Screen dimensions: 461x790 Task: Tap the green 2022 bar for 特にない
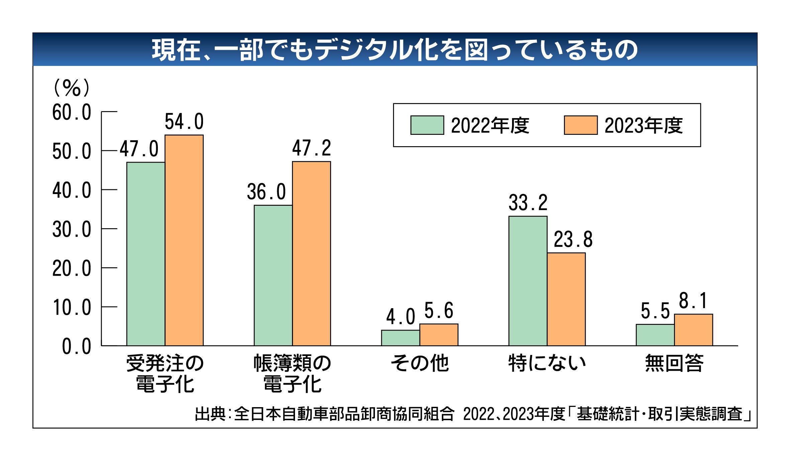coord(528,281)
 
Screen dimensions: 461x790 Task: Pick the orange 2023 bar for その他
coord(439,335)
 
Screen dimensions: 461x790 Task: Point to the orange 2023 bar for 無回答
coord(693,330)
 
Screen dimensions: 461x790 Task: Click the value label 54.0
coord(184,121)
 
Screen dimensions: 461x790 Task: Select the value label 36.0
coord(266,192)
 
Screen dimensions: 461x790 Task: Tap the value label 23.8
coord(573,240)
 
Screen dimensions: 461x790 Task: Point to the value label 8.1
coord(693,301)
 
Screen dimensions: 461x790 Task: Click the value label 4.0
coord(400,317)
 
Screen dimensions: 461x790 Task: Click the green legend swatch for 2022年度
coord(427,125)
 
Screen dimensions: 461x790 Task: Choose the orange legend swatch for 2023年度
coord(581,125)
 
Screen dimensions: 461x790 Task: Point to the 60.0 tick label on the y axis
coord(72,112)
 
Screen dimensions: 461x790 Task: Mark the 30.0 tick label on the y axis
coord(72,230)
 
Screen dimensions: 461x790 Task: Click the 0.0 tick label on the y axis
coord(77,347)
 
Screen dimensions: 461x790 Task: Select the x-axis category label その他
coord(420,363)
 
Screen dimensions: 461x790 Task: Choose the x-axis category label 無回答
coord(674,363)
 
